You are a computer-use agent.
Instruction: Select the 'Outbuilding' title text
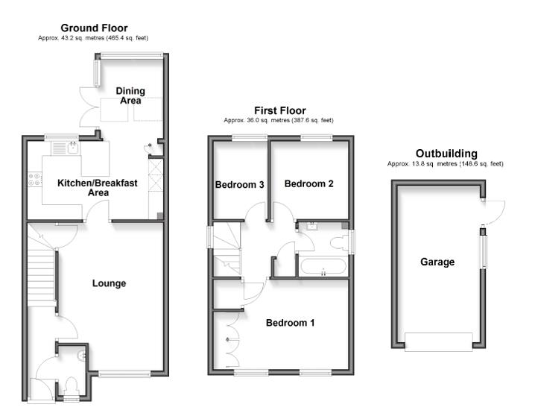446,154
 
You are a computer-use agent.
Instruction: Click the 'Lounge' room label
109,283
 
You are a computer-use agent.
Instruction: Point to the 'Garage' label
437,262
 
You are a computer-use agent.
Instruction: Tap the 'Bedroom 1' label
291,323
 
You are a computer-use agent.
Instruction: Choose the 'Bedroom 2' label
308,183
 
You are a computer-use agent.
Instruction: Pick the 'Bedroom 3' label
240,185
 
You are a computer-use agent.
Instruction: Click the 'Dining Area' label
130,96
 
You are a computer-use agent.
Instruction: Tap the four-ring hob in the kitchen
34,179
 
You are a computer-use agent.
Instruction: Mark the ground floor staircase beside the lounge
42,277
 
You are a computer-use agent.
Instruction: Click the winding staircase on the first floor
227,250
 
